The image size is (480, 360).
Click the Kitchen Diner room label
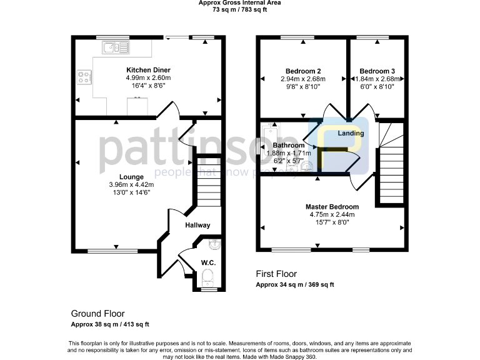point(148,70)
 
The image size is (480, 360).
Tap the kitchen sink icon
point(114,46)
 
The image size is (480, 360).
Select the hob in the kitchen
point(84,77)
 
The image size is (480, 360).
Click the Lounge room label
point(131,177)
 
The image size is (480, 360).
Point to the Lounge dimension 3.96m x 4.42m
point(131,184)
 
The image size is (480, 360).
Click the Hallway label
point(197,226)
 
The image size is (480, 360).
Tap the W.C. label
point(208,262)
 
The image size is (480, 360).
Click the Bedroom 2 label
point(303,71)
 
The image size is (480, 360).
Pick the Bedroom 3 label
point(377,71)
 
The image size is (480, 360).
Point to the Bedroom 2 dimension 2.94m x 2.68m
point(304,79)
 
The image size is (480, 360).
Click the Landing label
point(351,134)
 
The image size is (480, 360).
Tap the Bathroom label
point(288,145)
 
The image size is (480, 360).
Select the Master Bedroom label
point(332,207)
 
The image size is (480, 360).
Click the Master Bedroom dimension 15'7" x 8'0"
point(332,222)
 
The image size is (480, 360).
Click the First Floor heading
point(276,274)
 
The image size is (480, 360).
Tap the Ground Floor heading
point(97,314)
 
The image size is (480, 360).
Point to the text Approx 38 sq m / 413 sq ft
point(110,324)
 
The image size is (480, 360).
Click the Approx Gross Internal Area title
point(239,3)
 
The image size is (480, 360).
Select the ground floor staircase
point(209,181)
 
